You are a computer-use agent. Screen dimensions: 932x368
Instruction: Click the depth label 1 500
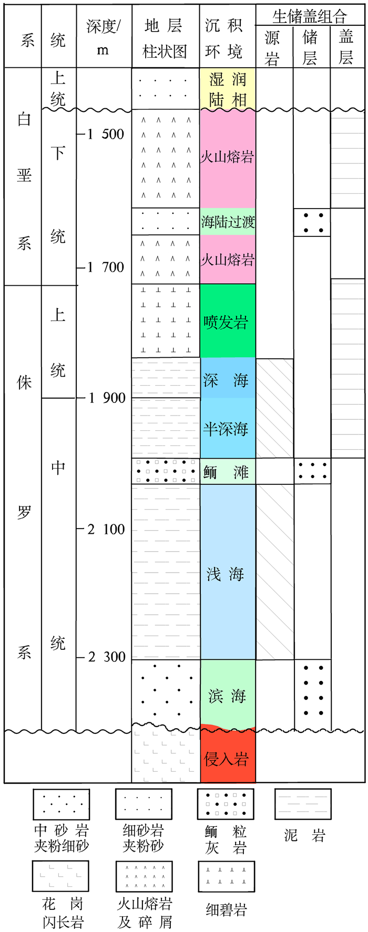pos(106,134)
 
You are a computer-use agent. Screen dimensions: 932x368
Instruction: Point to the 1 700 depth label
pos(106,267)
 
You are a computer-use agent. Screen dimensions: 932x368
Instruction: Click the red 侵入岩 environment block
pos(227,758)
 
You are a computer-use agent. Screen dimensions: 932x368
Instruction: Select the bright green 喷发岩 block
pos(227,322)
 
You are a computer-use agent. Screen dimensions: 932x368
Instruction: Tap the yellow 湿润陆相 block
pos(227,89)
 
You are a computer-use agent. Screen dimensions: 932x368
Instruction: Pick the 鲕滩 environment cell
pos(227,471)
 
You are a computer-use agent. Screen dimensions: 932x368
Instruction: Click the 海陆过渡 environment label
pos(227,222)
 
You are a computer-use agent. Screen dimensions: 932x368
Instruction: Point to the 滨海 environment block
pos(227,696)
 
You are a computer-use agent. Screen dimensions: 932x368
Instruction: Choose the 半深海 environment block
pos(227,429)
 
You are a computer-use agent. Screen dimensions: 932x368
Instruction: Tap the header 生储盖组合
pos(310,16)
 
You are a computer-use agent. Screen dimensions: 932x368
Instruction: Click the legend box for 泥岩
pos(303,804)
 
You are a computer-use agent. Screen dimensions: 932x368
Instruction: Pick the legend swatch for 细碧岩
pos(227,877)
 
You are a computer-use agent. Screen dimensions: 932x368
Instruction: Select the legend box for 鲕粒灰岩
pos(226,804)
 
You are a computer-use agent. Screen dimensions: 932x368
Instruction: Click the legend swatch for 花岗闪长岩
pos(60,876)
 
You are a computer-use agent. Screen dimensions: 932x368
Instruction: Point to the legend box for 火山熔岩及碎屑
pos(144,876)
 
